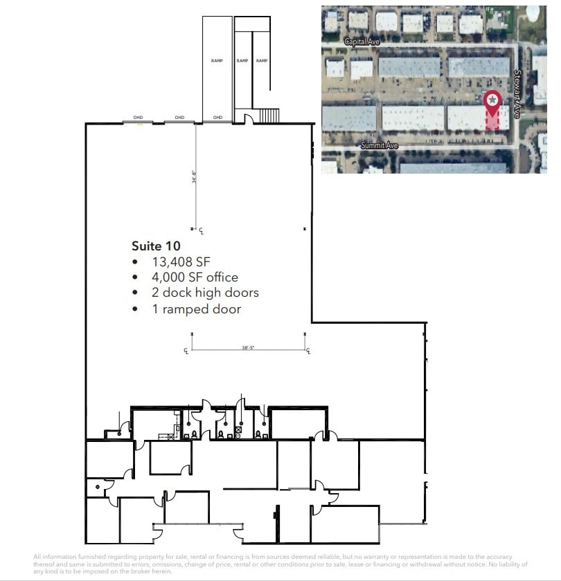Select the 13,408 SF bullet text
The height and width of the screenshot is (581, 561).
(181, 261)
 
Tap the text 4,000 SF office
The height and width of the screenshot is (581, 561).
(195, 277)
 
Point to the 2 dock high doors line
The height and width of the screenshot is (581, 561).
(205, 293)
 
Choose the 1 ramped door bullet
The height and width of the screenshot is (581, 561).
(197, 309)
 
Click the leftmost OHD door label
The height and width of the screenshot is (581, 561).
(139, 118)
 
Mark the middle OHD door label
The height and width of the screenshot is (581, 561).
(179, 118)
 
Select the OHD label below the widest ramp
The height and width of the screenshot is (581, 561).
(217, 118)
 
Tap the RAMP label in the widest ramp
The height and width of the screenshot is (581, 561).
(217, 61)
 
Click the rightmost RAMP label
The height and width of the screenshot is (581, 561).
(262, 61)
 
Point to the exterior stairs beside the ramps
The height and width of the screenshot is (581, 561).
(269, 115)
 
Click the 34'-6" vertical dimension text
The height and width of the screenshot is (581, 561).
(195, 178)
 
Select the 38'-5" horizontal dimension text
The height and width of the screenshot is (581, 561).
(249, 348)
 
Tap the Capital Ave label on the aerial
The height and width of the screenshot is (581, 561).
(362, 41)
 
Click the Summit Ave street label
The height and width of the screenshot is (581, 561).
(379, 145)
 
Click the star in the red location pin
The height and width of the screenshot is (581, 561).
(492, 100)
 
